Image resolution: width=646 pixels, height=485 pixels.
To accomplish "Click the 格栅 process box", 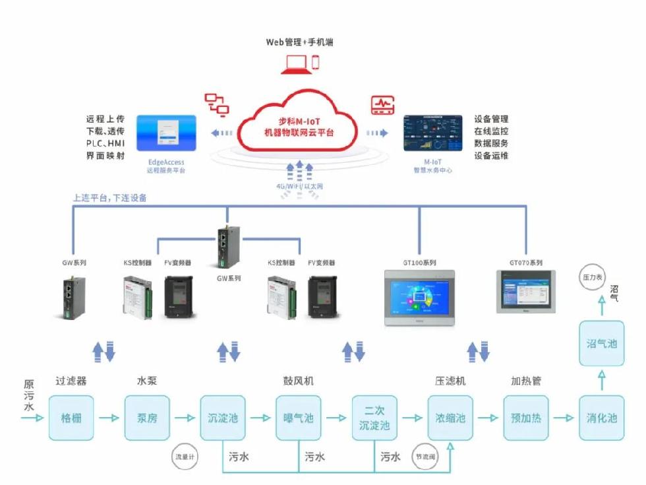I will [71, 418].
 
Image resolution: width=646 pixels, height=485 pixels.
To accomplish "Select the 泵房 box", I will [147, 418].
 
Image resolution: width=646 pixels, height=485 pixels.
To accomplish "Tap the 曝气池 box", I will [298, 418].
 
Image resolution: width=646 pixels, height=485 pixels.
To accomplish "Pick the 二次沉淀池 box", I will [374, 418].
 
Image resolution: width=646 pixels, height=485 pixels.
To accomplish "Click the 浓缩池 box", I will [450, 418].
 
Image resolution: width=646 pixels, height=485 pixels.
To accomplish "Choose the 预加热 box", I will [525, 418].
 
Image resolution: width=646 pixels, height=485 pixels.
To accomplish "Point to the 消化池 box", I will [601, 418].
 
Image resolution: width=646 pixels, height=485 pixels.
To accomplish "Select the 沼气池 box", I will [601, 343].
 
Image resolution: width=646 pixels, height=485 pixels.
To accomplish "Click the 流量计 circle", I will [185, 456].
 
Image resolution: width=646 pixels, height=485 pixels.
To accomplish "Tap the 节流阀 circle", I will [423, 456].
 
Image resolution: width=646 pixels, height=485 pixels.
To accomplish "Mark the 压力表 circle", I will [591, 277].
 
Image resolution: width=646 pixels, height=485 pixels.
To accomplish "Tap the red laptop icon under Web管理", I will [294, 63].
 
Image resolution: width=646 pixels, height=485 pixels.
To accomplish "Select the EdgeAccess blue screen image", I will [166, 134].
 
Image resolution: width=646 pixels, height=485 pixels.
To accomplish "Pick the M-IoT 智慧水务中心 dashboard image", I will [432, 134].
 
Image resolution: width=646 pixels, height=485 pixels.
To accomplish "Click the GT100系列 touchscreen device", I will [419, 297].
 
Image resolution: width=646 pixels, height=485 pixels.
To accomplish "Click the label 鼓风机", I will [298, 381].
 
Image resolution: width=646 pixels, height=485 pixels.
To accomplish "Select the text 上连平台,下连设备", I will [110, 197].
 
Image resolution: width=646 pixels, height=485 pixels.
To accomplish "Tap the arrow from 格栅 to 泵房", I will [109, 418].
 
